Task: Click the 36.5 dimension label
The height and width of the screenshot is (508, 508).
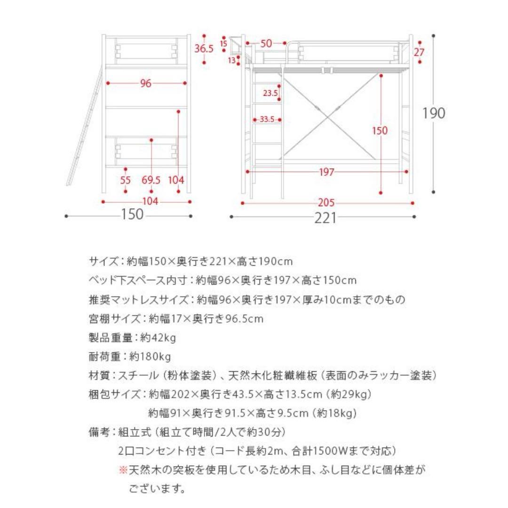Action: (204, 48)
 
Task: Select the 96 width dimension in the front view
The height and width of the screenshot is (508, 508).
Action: (146, 83)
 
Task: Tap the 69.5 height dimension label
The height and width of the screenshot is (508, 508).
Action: (151, 180)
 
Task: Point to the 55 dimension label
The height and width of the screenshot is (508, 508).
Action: (126, 180)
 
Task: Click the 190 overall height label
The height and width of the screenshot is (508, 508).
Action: (433, 113)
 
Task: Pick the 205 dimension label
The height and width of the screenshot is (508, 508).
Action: (326, 203)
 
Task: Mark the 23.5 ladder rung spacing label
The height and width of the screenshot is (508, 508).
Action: (270, 93)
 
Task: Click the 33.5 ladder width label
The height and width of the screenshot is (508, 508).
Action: (267, 119)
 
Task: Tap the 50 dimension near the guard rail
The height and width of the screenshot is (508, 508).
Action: (266, 44)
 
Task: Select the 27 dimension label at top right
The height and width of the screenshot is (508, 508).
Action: (419, 52)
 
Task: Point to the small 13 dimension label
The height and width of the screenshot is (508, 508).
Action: (231, 60)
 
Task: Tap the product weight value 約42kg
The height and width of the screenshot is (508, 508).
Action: (158, 338)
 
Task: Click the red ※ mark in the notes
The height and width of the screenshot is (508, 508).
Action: (123, 470)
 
